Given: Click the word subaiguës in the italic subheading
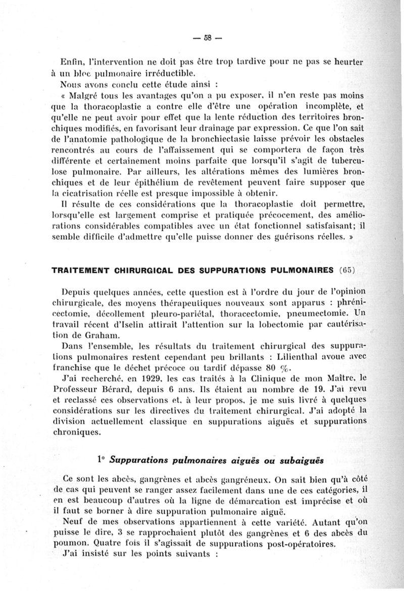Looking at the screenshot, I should click(297, 460).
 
